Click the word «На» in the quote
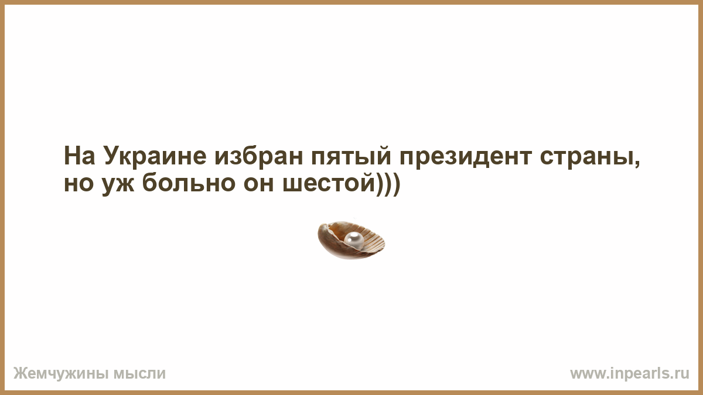pos(80,156)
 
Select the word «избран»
pos(259,156)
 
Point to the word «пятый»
pos(351,156)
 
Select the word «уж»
pos(118,186)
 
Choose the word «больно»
pos(189,182)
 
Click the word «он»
pos(258,183)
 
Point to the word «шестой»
pos(329,182)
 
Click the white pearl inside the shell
pos(354,241)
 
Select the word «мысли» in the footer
pos(139,374)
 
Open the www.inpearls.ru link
pos(630,374)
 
